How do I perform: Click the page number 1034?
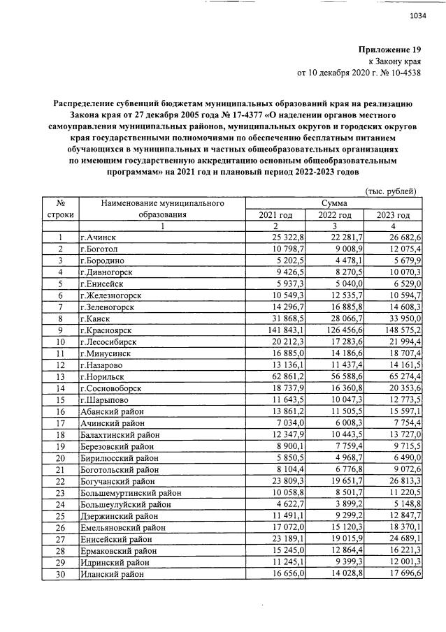[417, 15]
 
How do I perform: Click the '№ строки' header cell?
[61, 209]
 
